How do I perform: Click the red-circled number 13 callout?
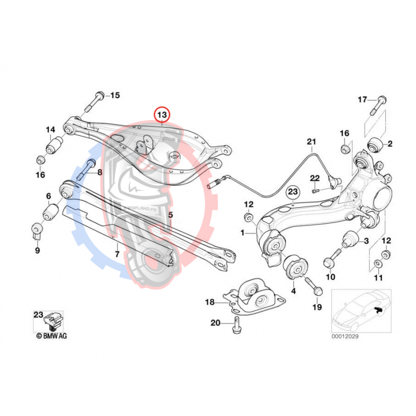coord(162,114)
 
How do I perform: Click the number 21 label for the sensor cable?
coord(311,141)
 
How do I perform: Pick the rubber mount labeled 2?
coord(376,144)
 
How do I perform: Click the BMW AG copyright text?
coord(51,336)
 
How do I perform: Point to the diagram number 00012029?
coord(345,336)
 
